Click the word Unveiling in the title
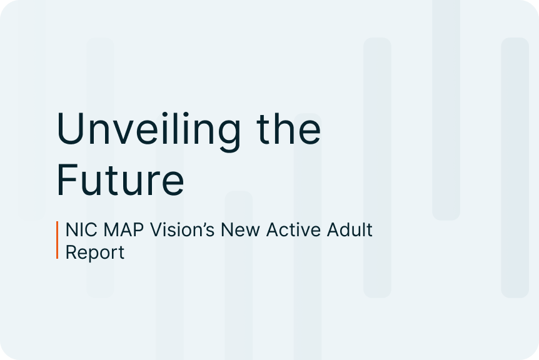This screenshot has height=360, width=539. (x=148, y=131)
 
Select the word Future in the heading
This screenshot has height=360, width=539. (x=120, y=180)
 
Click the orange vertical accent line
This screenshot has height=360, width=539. (x=57, y=240)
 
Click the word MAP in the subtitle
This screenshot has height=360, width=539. (x=123, y=229)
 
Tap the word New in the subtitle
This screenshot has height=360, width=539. (x=240, y=229)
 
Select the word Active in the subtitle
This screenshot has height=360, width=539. (x=293, y=229)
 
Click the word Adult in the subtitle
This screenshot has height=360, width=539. (x=350, y=229)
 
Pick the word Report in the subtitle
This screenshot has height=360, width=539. (x=95, y=253)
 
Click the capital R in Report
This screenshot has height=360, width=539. (x=71, y=252)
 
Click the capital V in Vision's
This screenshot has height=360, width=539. (x=156, y=229)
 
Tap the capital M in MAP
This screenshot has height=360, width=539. (x=111, y=229)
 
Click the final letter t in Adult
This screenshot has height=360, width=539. (x=370, y=230)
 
